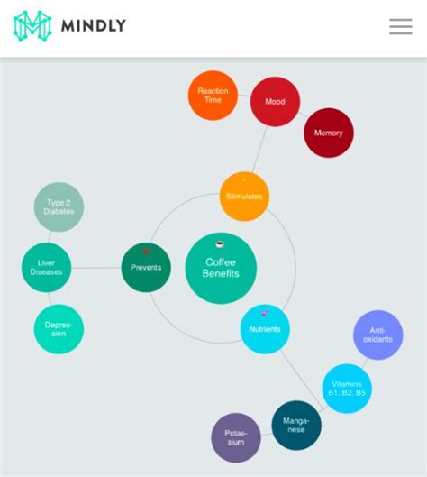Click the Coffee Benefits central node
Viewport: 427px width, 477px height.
click(221, 269)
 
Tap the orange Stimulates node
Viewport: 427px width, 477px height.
click(244, 197)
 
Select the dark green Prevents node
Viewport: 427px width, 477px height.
click(146, 268)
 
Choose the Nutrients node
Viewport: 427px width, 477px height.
click(265, 329)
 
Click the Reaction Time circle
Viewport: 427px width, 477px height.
click(213, 96)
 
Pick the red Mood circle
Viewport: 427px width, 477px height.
click(275, 102)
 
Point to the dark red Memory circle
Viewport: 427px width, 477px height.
click(329, 133)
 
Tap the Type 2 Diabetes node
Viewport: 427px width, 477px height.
click(59, 207)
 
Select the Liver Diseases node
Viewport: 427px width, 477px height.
click(46, 268)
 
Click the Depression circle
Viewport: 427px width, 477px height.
click(59, 329)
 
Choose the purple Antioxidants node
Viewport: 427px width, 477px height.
click(378, 335)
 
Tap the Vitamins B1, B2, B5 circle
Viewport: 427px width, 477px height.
click(347, 389)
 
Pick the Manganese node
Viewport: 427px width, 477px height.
click(296, 426)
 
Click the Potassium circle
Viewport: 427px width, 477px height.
click(236, 437)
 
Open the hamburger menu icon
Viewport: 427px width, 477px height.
click(401, 26)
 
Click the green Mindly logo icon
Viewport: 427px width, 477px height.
click(32, 26)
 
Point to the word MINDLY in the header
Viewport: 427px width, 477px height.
click(94, 25)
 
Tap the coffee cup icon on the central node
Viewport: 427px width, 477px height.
click(220, 244)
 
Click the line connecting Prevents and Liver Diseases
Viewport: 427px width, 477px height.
click(96, 268)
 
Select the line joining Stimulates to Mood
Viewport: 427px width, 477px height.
click(259, 149)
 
